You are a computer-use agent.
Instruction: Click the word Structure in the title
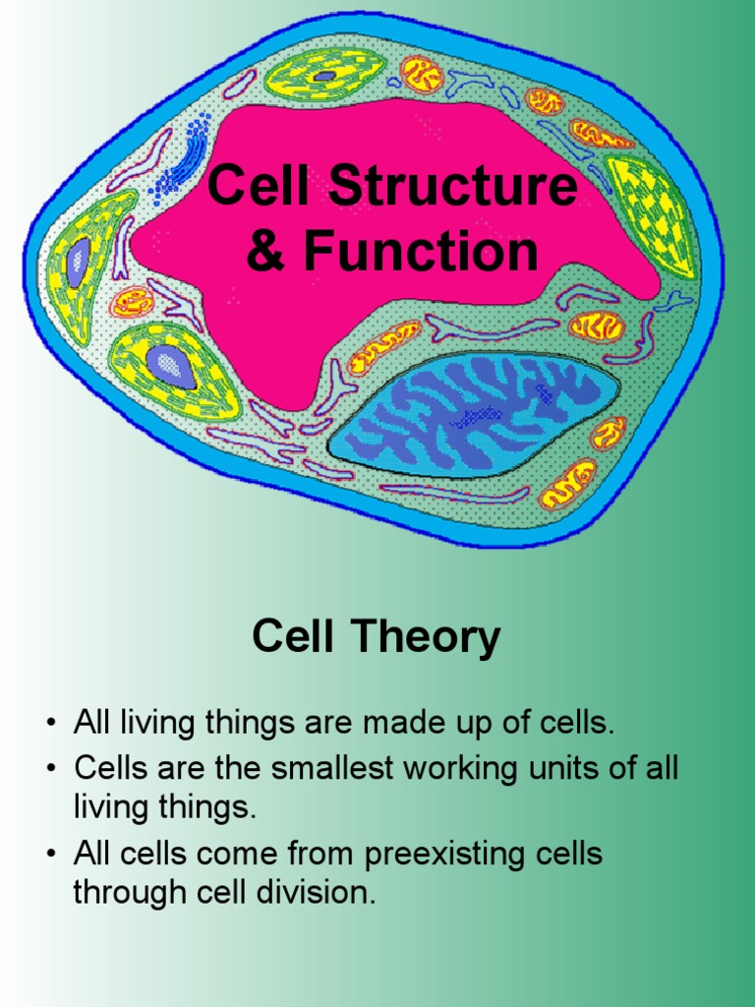coord(453,185)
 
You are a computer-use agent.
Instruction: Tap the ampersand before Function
coord(265,250)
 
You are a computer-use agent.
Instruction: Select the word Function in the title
coord(421,250)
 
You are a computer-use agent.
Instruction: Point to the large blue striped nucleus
coord(474,415)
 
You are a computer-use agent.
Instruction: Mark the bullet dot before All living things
coord(51,723)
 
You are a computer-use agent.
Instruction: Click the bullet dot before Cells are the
coord(51,768)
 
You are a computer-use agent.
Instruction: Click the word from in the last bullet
coord(321,855)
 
